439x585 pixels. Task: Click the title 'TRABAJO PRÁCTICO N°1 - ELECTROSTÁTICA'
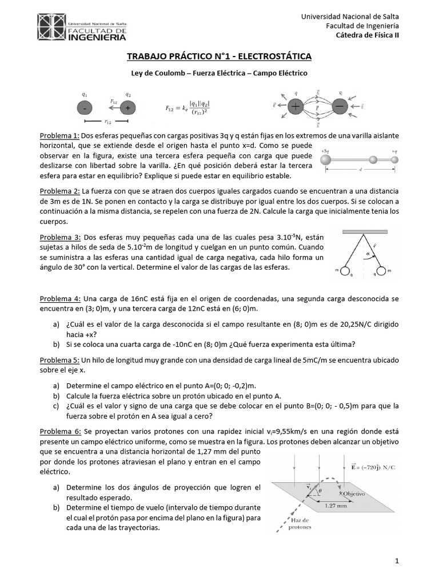click(218, 56)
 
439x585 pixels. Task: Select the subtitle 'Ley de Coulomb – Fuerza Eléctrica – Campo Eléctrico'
click(219, 74)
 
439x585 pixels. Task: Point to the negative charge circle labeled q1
click(85, 107)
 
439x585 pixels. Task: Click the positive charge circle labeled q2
click(128, 107)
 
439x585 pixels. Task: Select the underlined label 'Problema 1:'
click(59, 136)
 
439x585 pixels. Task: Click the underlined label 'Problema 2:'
click(59, 190)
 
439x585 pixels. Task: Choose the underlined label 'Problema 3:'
click(59, 237)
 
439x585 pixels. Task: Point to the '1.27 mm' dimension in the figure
click(333, 506)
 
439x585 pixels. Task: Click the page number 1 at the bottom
click(396, 562)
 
